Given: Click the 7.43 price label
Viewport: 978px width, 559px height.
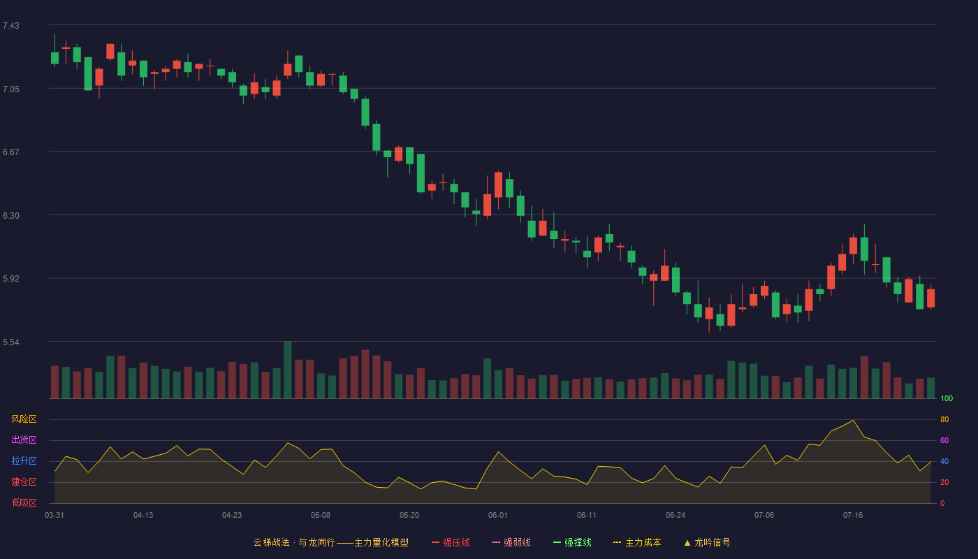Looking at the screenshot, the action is [x=11, y=26].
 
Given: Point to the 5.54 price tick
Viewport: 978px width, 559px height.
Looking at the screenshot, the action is [x=11, y=342].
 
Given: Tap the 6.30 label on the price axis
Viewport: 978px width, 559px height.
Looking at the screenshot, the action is [x=11, y=216].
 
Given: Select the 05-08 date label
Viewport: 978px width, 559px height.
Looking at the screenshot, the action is [x=321, y=516].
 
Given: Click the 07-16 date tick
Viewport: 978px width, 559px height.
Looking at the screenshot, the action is [x=853, y=516].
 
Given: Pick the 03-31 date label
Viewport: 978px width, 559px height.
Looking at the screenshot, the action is [x=54, y=516].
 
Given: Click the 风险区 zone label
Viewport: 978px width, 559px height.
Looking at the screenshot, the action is [x=24, y=419].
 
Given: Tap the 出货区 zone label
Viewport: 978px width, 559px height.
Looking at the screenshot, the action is [x=24, y=440].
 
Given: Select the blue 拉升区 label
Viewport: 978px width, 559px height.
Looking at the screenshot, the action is [x=24, y=460].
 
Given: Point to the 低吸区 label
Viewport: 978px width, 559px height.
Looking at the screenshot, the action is [x=24, y=502].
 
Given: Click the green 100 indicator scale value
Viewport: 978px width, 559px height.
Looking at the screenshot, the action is [x=947, y=398].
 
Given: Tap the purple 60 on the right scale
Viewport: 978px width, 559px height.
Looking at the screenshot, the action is [x=944, y=440].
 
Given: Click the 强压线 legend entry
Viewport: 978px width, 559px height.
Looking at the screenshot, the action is [x=451, y=542].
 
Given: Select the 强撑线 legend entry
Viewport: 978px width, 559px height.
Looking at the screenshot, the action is [x=572, y=542].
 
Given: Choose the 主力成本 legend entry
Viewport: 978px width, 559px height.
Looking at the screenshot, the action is [x=637, y=542].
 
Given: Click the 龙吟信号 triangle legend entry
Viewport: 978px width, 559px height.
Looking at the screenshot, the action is [x=707, y=542].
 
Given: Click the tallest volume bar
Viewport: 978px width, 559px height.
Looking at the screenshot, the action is [x=288, y=370].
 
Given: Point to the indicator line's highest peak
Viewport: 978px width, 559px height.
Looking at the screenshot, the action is [x=853, y=420].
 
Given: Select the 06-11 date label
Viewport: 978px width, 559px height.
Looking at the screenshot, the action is [x=586, y=516].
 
